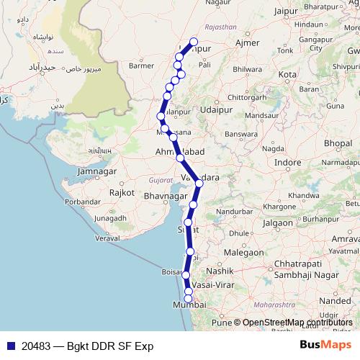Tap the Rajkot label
[122, 193]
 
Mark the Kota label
[287, 75]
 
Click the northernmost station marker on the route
[193, 42]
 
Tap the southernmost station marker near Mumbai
[189, 298]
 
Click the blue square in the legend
[9, 346]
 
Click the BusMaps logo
[325, 345]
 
